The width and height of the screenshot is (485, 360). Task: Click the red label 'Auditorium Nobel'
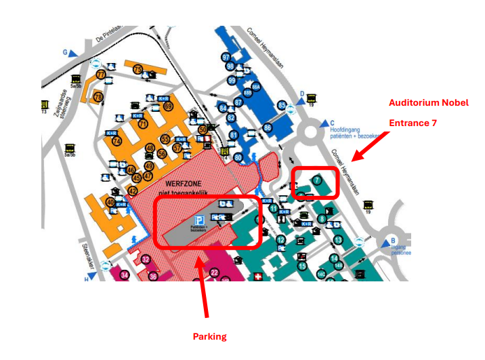(428, 103)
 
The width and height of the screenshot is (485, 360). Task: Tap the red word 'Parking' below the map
(209, 336)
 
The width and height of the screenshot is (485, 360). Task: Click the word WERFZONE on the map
(184, 184)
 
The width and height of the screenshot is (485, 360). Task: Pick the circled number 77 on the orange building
(101, 75)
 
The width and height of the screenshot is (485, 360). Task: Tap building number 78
(98, 97)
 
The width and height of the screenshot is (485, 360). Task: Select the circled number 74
(117, 141)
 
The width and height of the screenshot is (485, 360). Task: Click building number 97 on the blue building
(226, 57)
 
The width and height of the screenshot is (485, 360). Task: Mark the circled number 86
(268, 127)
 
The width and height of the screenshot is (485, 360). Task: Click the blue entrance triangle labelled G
(66, 52)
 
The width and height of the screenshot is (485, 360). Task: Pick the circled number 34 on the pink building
(124, 275)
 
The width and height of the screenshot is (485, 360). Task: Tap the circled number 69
(168, 106)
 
